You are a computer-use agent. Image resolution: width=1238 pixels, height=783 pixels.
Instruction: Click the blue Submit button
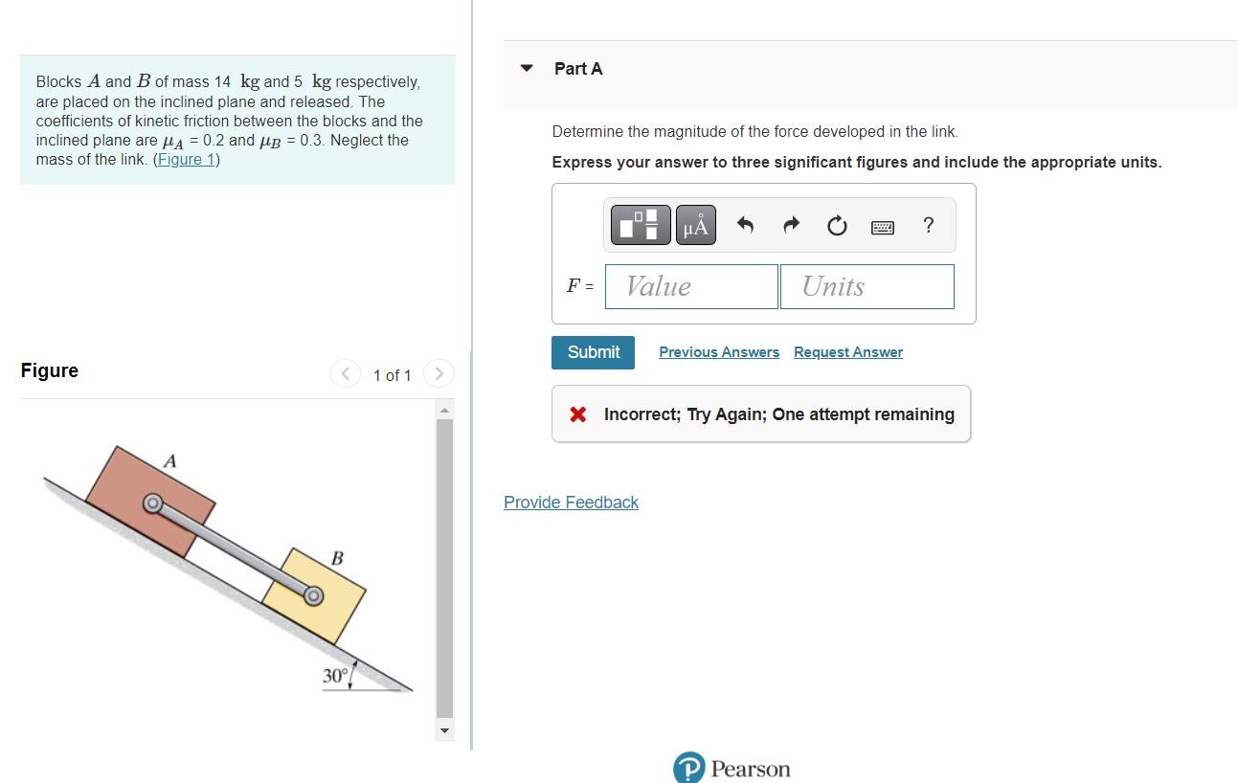click(x=593, y=352)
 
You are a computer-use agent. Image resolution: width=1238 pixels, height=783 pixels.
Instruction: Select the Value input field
click(x=691, y=286)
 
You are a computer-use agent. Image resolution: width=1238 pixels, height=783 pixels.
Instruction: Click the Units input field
click(x=867, y=286)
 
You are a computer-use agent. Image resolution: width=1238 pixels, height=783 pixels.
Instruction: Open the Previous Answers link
click(x=719, y=352)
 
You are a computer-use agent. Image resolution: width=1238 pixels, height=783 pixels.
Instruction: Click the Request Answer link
click(x=847, y=352)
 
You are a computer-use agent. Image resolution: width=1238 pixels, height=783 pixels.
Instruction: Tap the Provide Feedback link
click(x=571, y=503)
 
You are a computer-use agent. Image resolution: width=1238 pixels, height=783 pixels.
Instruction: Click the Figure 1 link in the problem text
click(x=187, y=160)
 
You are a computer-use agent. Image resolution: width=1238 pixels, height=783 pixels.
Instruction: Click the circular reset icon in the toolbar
click(x=837, y=226)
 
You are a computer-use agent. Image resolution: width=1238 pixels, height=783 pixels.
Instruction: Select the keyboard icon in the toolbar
click(x=883, y=227)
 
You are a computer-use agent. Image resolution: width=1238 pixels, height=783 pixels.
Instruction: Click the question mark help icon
click(x=928, y=225)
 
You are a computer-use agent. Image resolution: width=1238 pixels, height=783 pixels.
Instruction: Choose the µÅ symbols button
click(x=696, y=226)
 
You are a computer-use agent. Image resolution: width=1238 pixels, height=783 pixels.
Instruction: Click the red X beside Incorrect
click(x=577, y=414)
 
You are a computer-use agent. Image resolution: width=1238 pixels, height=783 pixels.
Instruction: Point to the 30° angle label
click(x=335, y=676)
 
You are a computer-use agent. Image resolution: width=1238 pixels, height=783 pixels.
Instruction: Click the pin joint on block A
click(x=151, y=503)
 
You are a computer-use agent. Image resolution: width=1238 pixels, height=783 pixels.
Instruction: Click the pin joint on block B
click(x=312, y=595)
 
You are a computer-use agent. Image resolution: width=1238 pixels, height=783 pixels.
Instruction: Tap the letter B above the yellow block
click(x=337, y=558)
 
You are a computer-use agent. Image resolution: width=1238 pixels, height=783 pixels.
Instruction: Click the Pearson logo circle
click(x=688, y=769)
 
